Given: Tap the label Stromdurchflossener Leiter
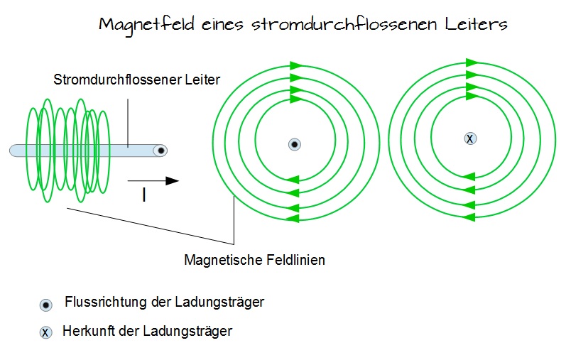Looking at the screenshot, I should pyautogui.click(x=137, y=80).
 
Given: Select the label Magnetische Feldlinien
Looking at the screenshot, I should pyautogui.click(x=254, y=260).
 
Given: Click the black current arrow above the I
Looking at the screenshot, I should pyautogui.click(x=154, y=181).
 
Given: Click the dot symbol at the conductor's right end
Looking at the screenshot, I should pyautogui.click(x=162, y=151).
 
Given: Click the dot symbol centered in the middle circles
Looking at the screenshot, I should pyautogui.click(x=295, y=144).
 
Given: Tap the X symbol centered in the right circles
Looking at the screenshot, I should pyautogui.click(x=469, y=138).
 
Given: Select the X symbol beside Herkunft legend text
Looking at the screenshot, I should pyautogui.click(x=45, y=332).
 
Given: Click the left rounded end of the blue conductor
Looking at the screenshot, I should pyautogui.click(x=13, y=151).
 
